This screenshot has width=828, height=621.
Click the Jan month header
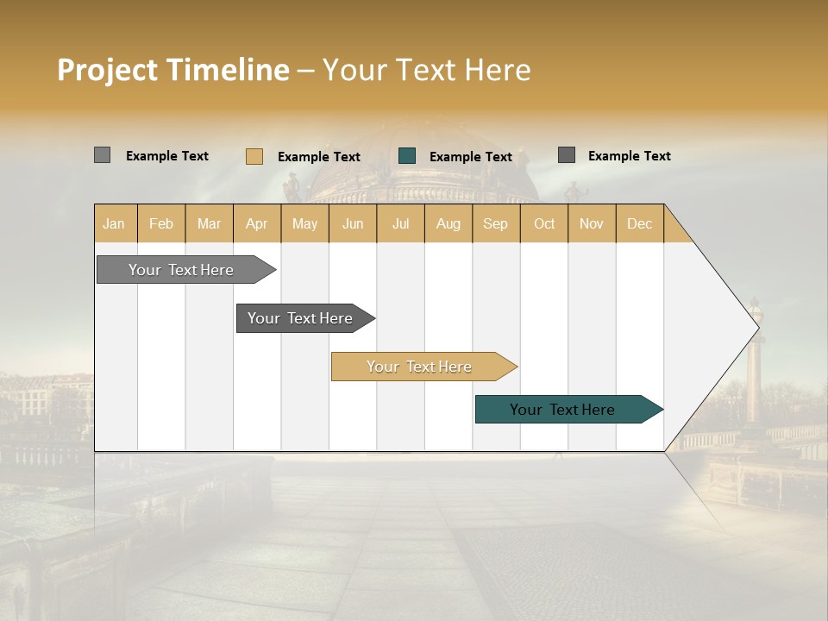point(114,223)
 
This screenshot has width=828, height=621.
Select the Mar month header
point(209,223)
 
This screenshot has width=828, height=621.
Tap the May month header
point(304,223)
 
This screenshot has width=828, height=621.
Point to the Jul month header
point(400,223)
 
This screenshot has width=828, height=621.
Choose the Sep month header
point(495,223)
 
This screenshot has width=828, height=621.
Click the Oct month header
point(544,223)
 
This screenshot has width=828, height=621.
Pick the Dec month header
point(639,223)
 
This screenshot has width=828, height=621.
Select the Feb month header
point(161,223)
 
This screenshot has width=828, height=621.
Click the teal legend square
point(407,156)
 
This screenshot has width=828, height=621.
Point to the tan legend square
point(254,156)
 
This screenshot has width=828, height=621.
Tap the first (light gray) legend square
point(102,155)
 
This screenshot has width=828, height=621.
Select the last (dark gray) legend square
point(567,155)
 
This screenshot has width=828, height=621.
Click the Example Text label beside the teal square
point(471,157)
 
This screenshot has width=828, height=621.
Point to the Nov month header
point(592,223)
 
